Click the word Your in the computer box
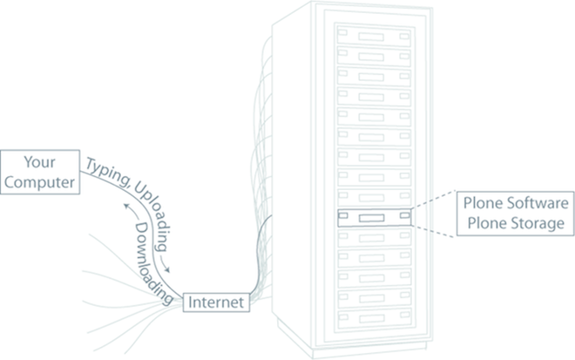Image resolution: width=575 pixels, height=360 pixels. [x=39, y=162]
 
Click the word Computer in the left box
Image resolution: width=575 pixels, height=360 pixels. [x=39, y=182]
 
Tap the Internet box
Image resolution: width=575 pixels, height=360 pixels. [x=216, y=302]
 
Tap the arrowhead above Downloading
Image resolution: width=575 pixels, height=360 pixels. [x=127, y=206]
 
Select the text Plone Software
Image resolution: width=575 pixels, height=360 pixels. [x=516, y=203]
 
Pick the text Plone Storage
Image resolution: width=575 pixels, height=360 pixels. [x=516, y=223]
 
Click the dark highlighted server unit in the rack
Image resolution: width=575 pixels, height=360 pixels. [x=375, y=218]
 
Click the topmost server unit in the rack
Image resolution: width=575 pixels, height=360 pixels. [x=374, y=37]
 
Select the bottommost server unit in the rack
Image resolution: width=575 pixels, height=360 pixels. [x=375, y=318]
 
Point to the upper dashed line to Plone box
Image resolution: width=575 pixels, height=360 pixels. [x=433, y=200]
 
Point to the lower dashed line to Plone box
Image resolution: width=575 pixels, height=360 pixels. [x=433, y=232]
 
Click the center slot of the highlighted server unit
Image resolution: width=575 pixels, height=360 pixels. [x=372, y=218]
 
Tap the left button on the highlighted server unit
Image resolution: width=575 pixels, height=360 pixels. [x=343, y=215]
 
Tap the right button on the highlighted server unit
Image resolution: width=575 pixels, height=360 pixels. [x=405, y=215]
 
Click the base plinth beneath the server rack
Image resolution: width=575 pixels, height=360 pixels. [x=352, y=345]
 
